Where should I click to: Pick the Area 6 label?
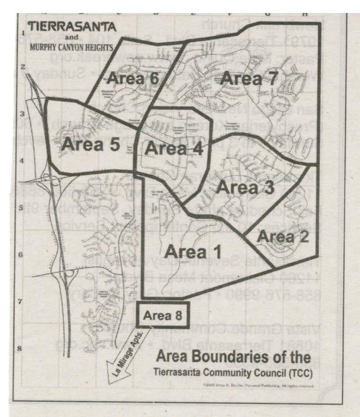[134, 79]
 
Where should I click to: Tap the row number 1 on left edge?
[23, 33]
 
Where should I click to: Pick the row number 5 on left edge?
[22, 208]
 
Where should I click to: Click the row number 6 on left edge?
[22, 255]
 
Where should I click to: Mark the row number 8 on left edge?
[22, 348]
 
